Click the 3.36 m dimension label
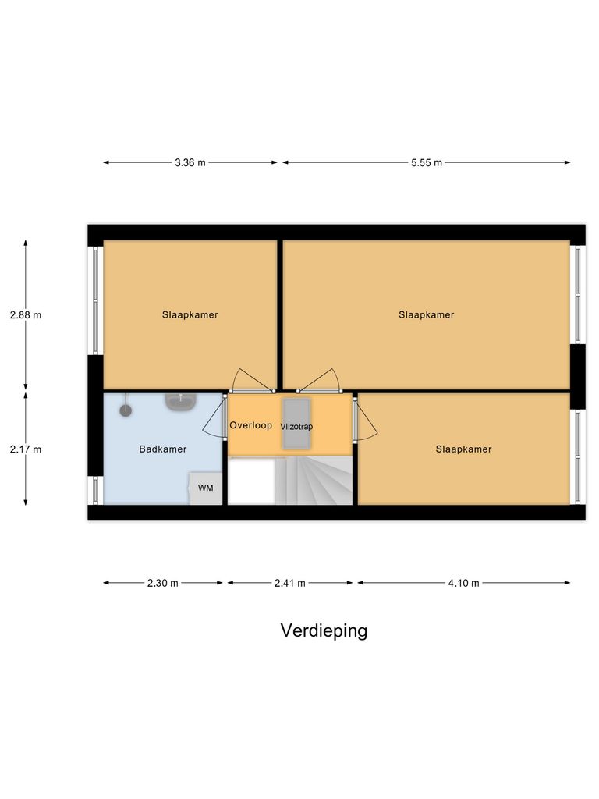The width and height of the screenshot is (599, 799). (190, 163)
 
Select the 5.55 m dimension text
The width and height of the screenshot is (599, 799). (426, 163)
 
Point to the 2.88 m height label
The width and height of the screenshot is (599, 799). (26, 315)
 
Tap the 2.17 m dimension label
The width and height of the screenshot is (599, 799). (26, 449)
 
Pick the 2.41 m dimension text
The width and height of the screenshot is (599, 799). (289, 583)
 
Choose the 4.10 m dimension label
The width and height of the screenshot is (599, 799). (463, 583)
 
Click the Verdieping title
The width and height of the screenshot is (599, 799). (324, 630)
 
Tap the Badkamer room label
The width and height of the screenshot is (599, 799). (163, 449)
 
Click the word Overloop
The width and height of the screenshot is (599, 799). (250, 426)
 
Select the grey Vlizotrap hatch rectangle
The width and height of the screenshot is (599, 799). (296, 423)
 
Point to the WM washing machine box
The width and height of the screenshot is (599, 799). (206, 488)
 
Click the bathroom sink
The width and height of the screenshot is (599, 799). (180, 401)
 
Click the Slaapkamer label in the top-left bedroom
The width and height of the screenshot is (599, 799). (190, 315)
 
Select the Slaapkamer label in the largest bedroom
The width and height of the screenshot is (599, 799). (426, 315)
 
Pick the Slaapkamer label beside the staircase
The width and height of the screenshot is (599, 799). (463, 449)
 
